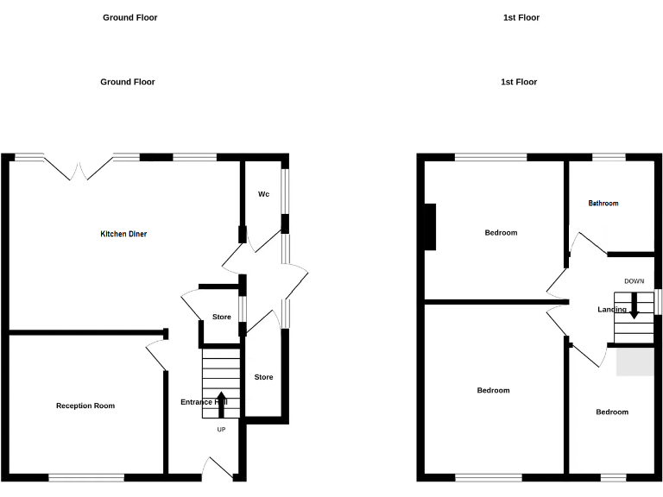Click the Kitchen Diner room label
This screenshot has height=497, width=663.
pos(123,234)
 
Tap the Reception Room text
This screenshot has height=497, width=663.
pos(85,406)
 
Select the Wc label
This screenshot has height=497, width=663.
pos(263,194)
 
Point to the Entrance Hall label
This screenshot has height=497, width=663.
pos(204,402)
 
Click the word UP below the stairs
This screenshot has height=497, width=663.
pos(221,430)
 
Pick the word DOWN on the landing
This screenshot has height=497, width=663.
pos(634,281)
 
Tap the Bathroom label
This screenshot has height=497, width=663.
pos(603,204)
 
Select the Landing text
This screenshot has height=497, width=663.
pos(612,310)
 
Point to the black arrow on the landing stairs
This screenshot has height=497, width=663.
pos(635,306)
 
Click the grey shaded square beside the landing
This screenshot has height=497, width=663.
pos(635,362)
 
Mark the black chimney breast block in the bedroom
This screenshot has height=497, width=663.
pos(429,226)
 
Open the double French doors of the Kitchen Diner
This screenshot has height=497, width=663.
pos(79,168)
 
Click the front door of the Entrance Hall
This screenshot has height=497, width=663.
pos(218,468)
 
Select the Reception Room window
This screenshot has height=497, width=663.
pos(85,476)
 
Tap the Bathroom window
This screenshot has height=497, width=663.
pos(609,157)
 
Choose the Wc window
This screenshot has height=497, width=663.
pos(285,194)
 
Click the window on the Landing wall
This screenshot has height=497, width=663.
pos(658,301)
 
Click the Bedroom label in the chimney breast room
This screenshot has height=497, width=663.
pos(501,233)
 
